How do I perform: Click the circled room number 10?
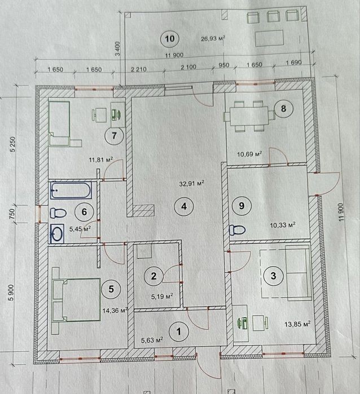click(170, 39)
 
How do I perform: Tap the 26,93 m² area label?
click(213, 38)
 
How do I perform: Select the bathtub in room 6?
click(71, 190)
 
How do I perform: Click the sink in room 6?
click(57, 234)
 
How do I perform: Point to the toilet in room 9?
click(237, 229)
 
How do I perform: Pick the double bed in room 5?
click(76, 300)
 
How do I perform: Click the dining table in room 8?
click(249, 116)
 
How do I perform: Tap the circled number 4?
click(184, 206)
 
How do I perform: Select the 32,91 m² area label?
click(191, 183)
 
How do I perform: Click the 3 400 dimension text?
click(117, 49)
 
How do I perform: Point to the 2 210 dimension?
click(139, 69)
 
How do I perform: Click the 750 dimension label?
click(12, 214)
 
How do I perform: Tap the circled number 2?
click(153, 276)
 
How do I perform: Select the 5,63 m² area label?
click(152, 340)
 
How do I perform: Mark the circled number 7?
click(114, 136)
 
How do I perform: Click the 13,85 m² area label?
click(297, 324)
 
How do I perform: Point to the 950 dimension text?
click(223, 65)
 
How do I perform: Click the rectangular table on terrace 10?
click(269, 38)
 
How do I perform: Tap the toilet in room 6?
click(58, 213)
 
